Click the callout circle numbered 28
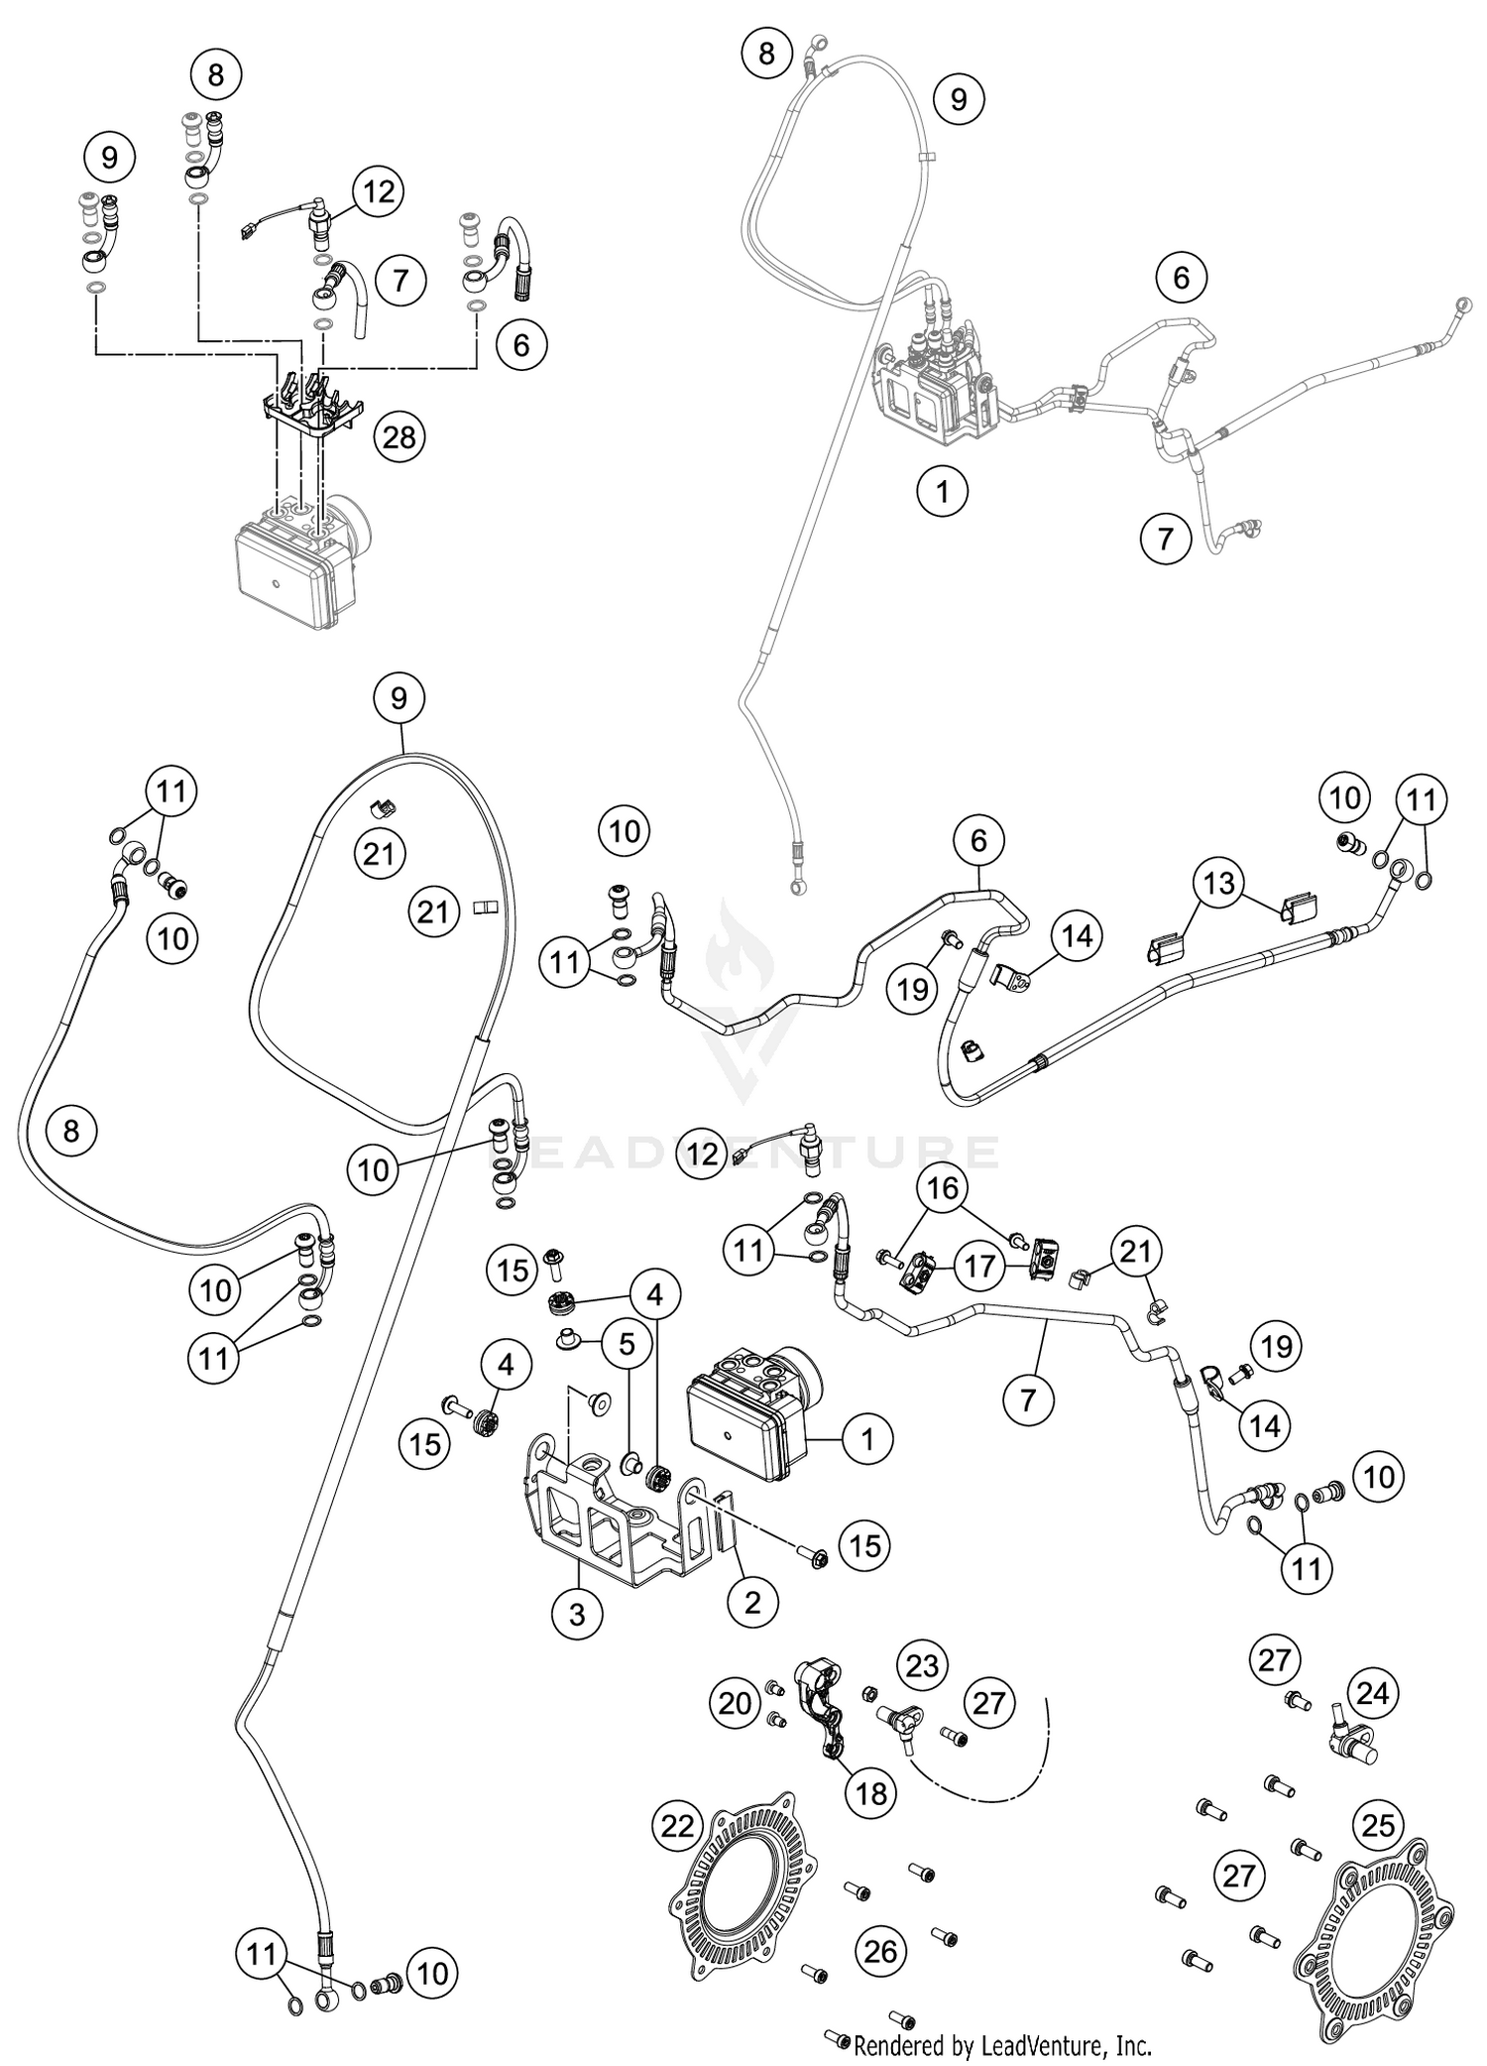[x=399, y=436]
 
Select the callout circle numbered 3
[x=577, y=1615]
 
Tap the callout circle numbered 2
[x=752, y=1601]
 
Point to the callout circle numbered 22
[x=678, y=1825]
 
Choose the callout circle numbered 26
[x=880, y=1952]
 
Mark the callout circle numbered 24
[x=1372, y=1693]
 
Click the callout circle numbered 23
[x=922, y=1665]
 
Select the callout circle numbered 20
[x=735, y=1703]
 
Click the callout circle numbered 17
[x=979, y=1269]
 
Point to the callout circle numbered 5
[x=627, y=1344]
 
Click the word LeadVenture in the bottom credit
[x=1035, y=2045]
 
